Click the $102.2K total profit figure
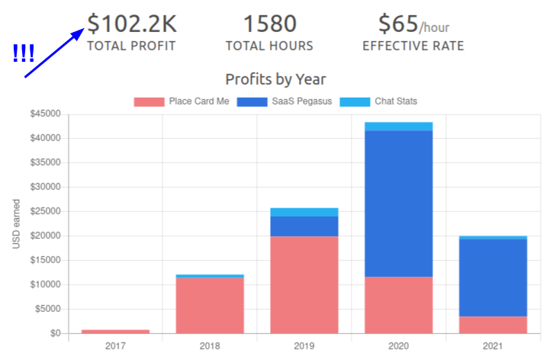point(130,24)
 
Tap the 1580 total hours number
point(269,24)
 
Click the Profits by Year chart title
point(275,79)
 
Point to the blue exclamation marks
point(24,54)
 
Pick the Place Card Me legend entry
point(182,101)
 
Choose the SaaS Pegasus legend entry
point(284,101)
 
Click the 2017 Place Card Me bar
point(116,331)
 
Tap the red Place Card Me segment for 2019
point(304,284)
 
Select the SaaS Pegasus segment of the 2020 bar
point(398,204)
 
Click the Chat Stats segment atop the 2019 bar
point(304,212)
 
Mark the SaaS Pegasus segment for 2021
point(493,278)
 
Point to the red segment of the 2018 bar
point(210,305)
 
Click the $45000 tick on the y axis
point(45,114)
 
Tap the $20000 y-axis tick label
point(45,236)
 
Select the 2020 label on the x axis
point(398,346)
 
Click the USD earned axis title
point(16,223)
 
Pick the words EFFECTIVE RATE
point(413,46)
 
